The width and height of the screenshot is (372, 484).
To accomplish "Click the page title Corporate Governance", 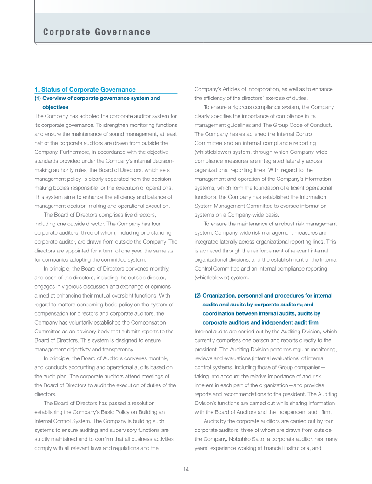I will click(97, 32).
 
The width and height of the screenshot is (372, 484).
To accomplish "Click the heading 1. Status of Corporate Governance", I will click(85, 89).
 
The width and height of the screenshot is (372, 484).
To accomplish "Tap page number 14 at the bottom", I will click(186, 469).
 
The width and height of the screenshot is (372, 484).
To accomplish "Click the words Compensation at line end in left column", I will click(155, 322).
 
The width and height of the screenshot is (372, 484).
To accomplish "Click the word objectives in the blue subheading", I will click(55, 107).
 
